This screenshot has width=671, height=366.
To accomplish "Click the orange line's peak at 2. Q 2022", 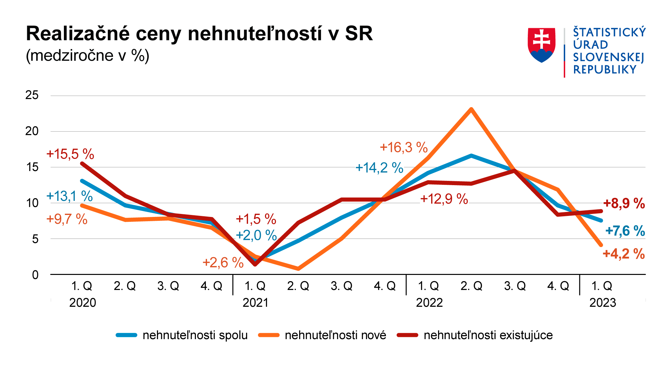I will point(471,109).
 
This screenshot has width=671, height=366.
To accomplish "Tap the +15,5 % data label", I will point(70,154).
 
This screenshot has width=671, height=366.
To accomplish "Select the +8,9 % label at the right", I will point(624,203).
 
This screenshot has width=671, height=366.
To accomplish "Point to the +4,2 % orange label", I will point(623,254).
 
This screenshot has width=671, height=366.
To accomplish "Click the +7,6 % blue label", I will point(625,231).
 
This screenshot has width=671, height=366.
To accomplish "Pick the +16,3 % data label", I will point(404,147).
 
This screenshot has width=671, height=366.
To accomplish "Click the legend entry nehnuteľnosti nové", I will point(335,335).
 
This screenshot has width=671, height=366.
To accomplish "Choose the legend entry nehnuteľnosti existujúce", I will point(488,335).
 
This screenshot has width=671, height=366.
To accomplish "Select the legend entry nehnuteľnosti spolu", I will point(195,335).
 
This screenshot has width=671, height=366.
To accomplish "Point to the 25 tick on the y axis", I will point(32,95).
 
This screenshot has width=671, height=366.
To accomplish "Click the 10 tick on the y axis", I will point(32,203).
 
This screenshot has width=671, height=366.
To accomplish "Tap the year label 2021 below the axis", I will point(255,302).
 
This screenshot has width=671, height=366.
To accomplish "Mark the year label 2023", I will point(603,302).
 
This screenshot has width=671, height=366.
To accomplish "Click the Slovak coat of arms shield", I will point(541,45).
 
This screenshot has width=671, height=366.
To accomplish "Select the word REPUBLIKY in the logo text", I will point(604,70).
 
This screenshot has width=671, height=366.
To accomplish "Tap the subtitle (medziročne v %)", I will point(87,55).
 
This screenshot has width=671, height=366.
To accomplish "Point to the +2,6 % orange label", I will point(223,262).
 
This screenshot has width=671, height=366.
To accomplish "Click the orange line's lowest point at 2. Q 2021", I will point(298,269).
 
